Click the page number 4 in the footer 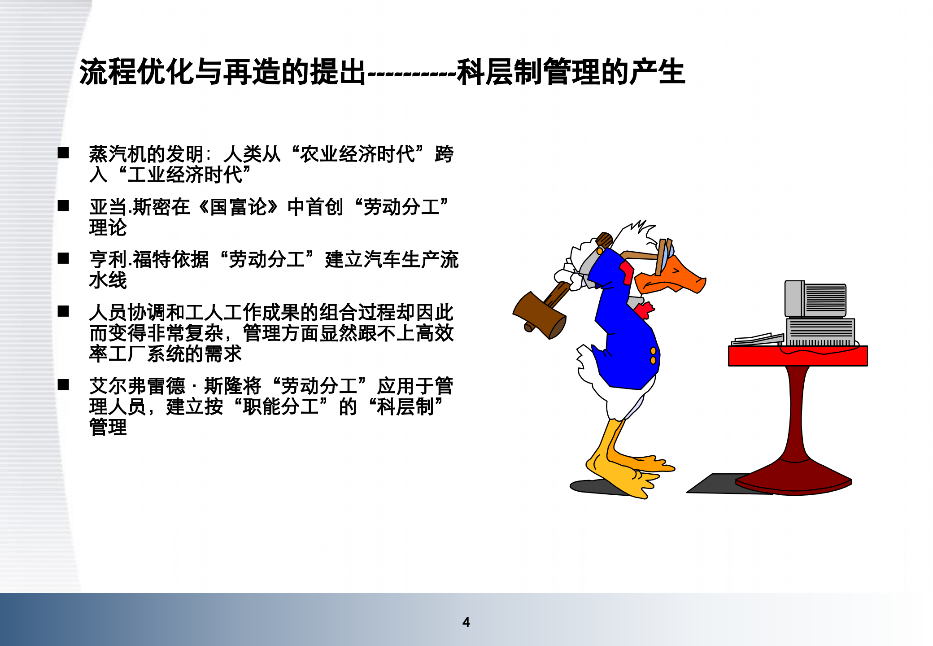tap(466, 622)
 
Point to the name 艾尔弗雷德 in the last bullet tap(137, 386)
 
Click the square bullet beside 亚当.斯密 tap(63, 206)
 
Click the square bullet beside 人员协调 tap(63, 311)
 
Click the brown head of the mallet tap(540, 315)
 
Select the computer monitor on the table tap(815, 300)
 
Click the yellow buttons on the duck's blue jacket tap(653, 355)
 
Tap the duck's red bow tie tap(644, 310)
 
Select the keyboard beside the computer tap(758, 339)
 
